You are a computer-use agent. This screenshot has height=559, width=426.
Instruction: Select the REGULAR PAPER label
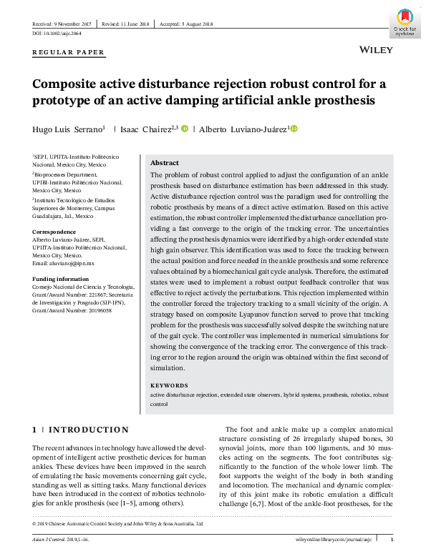(x=69, y=52)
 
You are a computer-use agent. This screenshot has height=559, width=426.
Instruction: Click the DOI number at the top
(x=57, y=33)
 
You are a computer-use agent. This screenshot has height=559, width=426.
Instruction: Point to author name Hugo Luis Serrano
(x=67, y=129)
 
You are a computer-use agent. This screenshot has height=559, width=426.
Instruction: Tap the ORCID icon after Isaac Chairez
(x=184, y=129)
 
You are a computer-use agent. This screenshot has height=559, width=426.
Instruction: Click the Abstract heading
(x=165, y=163)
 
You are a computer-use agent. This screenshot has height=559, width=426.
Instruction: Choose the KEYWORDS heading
(x=169, y=385)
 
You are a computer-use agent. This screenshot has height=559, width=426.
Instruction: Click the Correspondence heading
(x=54, y=232)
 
